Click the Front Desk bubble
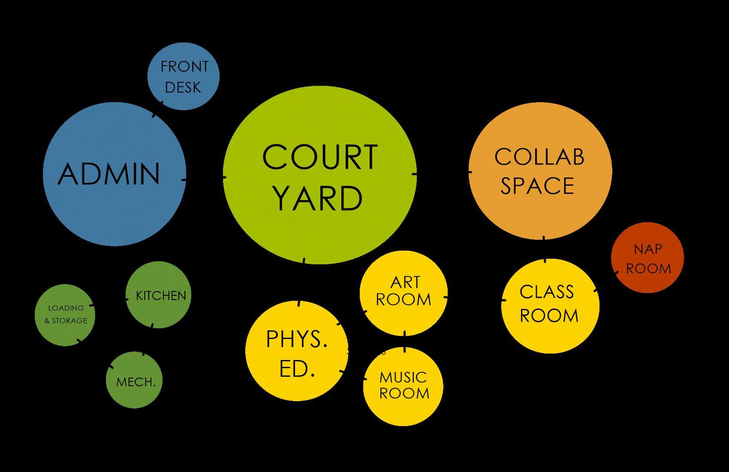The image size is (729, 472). (184, 76)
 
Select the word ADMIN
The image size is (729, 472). (109, 174)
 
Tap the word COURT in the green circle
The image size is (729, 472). (320, 157)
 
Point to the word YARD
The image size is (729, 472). (318, 198)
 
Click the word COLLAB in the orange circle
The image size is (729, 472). (539, 157)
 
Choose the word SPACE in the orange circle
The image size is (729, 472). (537, 186)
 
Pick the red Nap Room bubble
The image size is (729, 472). (648, 257)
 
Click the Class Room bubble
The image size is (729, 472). (550, 305)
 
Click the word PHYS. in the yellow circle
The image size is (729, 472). (297, 339)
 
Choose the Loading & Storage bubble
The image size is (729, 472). (65, 315)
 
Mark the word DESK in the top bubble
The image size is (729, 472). (183, 88)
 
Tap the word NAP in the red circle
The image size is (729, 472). (648, 249)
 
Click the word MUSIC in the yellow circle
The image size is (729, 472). (403, 378)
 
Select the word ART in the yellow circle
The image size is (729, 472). (405, 282)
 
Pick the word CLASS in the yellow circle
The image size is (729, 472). (547, 292)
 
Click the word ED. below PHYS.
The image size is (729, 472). (297, 369)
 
